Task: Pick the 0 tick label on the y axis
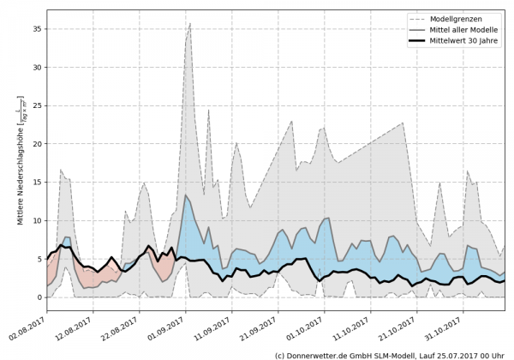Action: click(39, 297)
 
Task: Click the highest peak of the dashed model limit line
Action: click(190, 23)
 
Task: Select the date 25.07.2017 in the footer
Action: click(455, 354)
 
